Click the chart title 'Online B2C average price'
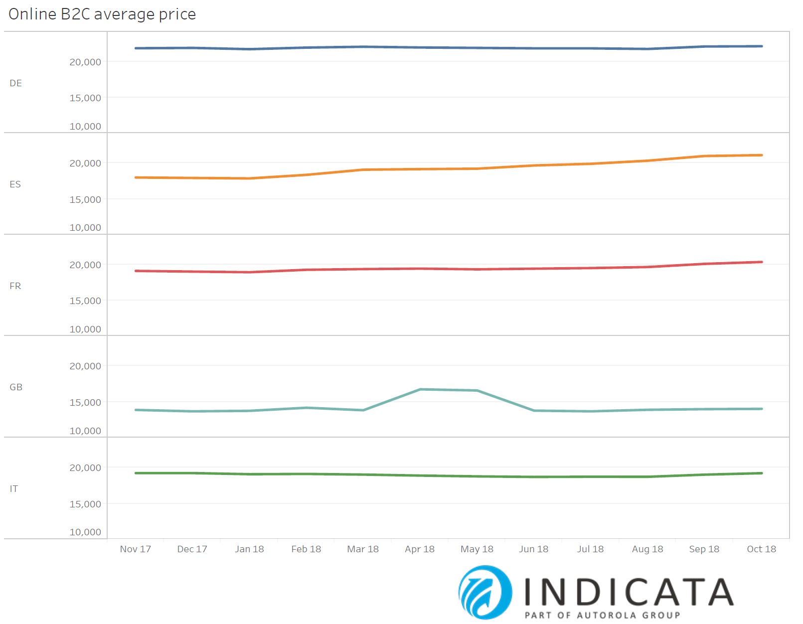[102, 14]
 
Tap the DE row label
[15, 83]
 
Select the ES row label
[15, 184]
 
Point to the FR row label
[15, 286]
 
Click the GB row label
[16, 387]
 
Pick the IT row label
[14, 489]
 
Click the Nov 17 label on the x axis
[135, 549]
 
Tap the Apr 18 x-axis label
[420, 549]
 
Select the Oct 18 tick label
[761, 549]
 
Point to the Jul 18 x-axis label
[590, 549]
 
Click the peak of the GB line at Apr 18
[420, 389]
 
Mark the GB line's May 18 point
[477, 391]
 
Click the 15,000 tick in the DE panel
[85, 98]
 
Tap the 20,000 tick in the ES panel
[85, 163]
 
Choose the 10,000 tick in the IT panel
[85, 532]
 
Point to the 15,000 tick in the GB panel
[85, 402]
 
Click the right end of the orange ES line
[762, 155]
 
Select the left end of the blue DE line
[136, 48]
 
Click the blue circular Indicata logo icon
[485, 592]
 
